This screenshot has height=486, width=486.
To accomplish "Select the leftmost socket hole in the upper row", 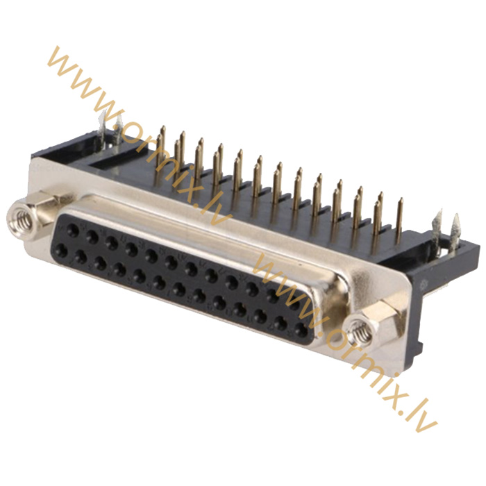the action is pos(72,231).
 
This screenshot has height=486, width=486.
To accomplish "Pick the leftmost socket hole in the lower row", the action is pos(62,250).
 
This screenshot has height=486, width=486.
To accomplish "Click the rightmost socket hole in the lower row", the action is pos(301,330).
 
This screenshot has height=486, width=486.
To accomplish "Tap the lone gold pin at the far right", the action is pos(399,221).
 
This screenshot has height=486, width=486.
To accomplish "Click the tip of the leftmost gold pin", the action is pos(163,127).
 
